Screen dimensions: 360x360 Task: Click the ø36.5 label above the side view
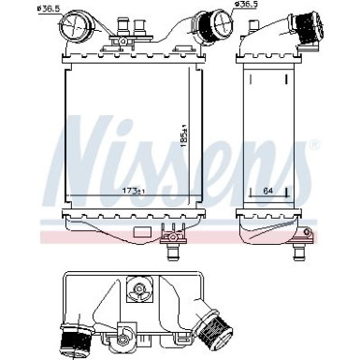pyautogui.click(x=246, y=6)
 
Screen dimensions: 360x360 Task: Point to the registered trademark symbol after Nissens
pyautogui.click(x=313, y=145)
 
